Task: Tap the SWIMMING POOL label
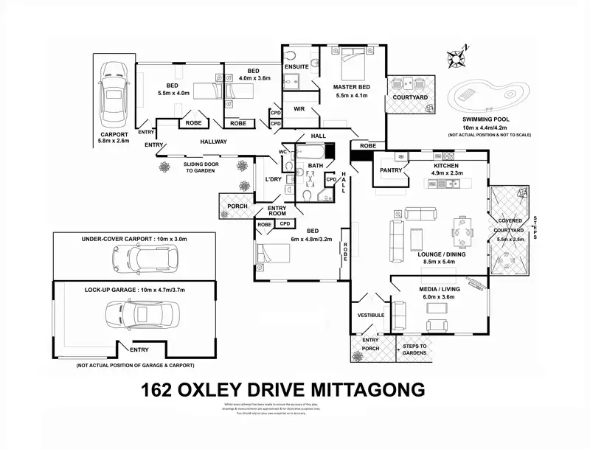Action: (x=486, y=119)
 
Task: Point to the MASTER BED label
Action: (x=352, y=87)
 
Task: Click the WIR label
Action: (x=299, y=108)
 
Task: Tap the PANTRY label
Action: (x=391, y=170)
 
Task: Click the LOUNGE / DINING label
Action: (x=441, y=254)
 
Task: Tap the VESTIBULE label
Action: (x=371, y=315)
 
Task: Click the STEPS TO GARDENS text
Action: (x=414, y=349)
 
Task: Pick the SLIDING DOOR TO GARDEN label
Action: (x=199, y=167)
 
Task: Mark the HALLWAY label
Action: (x=213, y=142)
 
